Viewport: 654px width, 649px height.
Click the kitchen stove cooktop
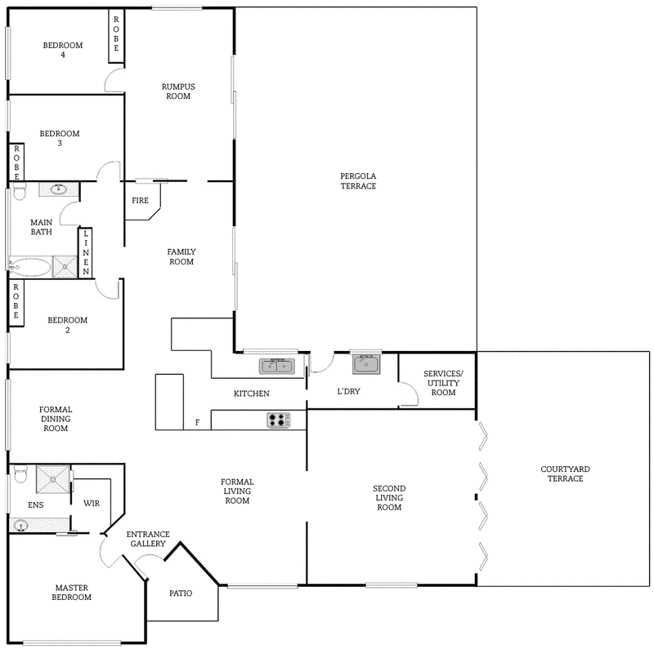click(279, 420)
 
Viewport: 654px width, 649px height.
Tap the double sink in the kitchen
click(277, 367)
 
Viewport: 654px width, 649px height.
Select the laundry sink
click(366, 363)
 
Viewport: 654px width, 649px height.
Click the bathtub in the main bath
click(31, 267)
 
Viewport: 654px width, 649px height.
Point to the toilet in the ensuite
click(20, 473)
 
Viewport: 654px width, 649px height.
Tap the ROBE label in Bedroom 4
click(116, 35)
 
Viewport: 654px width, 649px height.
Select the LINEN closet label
click(85, 252)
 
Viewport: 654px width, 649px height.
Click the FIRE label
click(140, 199)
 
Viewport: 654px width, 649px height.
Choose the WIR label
click(91, 504)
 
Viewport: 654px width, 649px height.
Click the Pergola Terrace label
click(358, 180)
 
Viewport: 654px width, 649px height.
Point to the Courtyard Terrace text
click(565, 473)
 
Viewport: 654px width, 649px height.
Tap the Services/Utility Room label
click(442, 383)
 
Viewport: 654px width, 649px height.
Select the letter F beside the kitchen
click(196, 422)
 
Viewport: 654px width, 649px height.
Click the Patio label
click(181, 593)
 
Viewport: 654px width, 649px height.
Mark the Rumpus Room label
click(177, 91)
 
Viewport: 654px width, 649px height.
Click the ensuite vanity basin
click(21, 526)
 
